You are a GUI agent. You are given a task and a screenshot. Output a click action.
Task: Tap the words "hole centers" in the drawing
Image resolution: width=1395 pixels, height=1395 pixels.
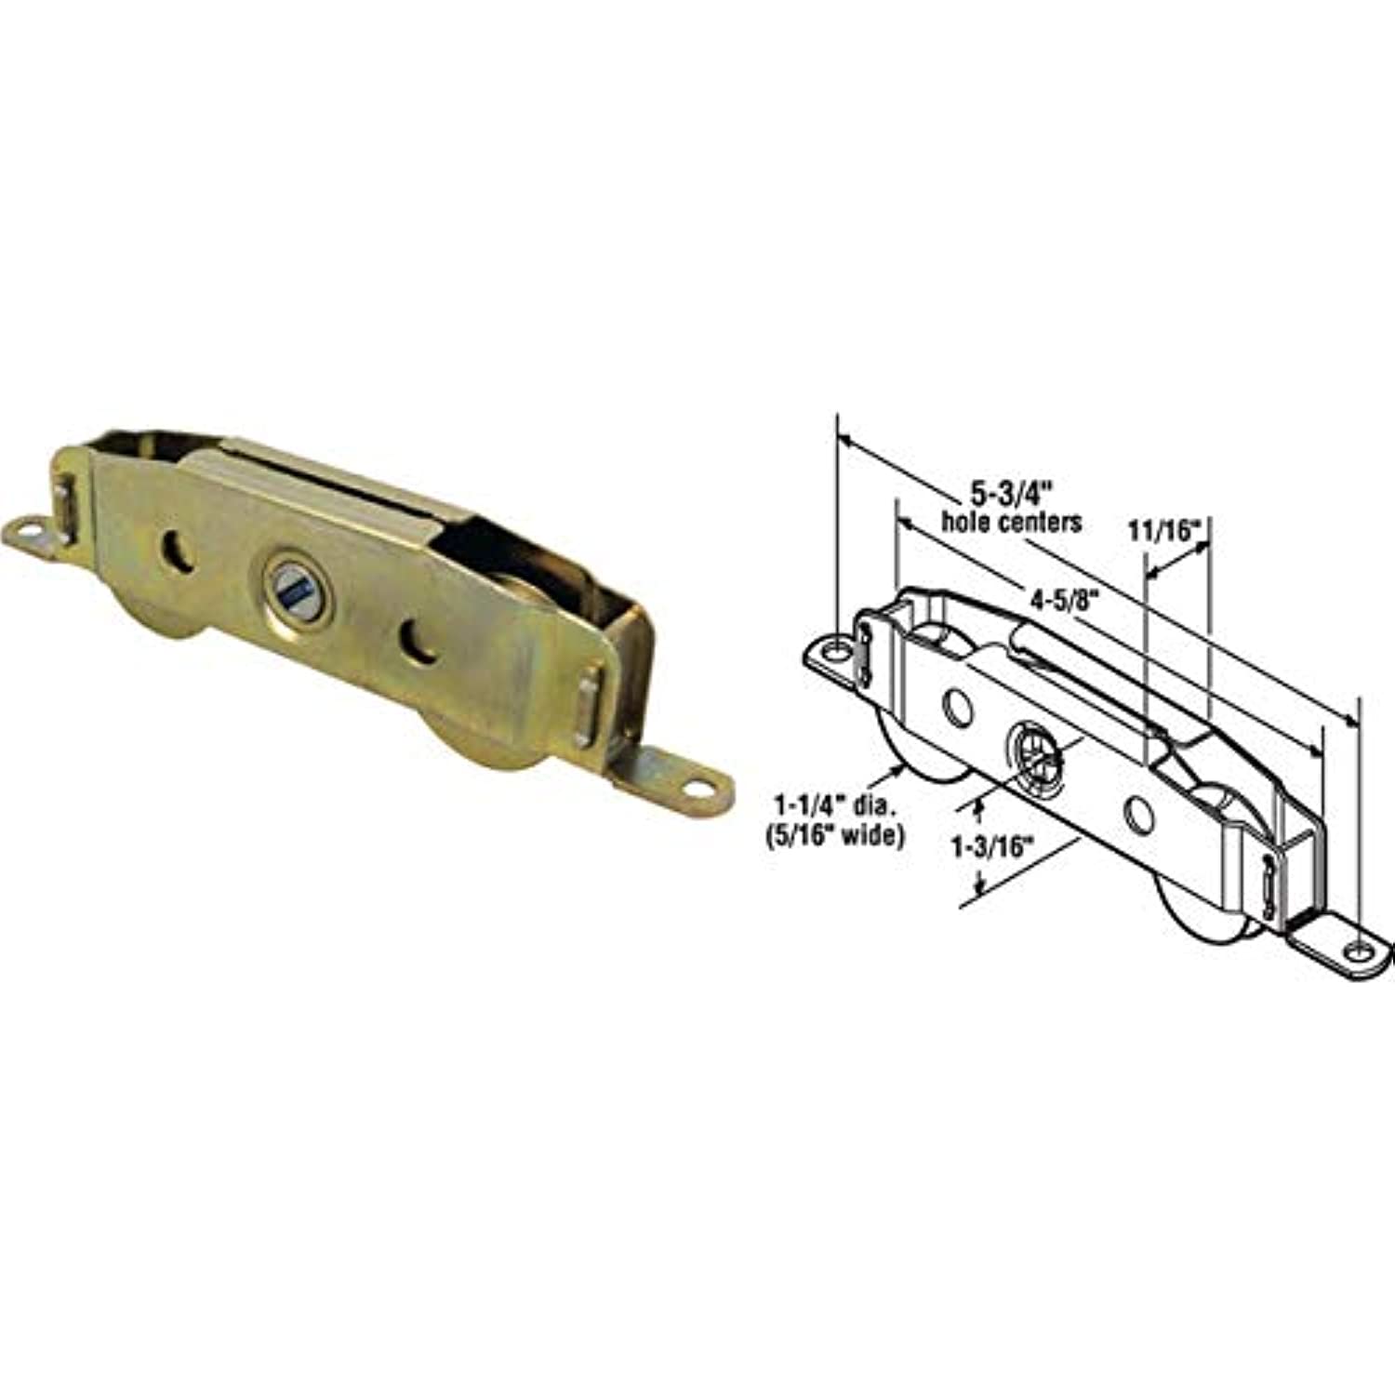1012,522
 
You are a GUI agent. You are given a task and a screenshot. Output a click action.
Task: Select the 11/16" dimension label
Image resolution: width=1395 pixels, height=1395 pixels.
1166,531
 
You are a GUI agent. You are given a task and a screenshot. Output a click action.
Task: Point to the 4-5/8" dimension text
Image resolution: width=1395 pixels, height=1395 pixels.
1053,600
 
